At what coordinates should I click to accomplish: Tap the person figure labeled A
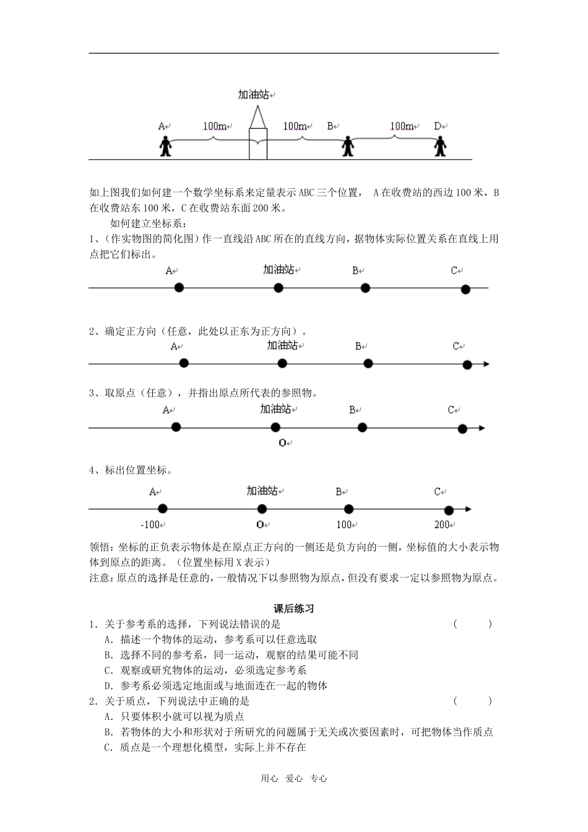coord(165,147)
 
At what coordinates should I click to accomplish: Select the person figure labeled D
coord(439,147)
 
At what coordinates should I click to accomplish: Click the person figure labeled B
coord(348,147)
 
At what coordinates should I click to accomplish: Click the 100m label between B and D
coord(402,126)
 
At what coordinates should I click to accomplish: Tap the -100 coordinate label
coord(150,525)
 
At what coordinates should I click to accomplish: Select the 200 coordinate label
coord(442,525)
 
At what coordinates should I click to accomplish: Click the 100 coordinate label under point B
coord(344,525)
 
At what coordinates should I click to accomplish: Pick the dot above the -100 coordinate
coord(163,509)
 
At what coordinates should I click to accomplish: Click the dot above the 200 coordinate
coord(449,510)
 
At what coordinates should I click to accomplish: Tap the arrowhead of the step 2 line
coord(486,364)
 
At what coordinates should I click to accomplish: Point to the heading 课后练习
coord(294,609)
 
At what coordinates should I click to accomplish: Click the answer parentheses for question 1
coord(473,624)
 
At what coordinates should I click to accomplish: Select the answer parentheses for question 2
coord(473,701)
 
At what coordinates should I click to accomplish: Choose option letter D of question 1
coord(108,686)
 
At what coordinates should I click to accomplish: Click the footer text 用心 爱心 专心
coord(294,779)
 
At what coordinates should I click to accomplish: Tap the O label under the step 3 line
coord(282,443)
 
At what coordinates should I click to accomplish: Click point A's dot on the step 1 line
coord(179,287)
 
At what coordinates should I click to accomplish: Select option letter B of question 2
coord(108,732)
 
